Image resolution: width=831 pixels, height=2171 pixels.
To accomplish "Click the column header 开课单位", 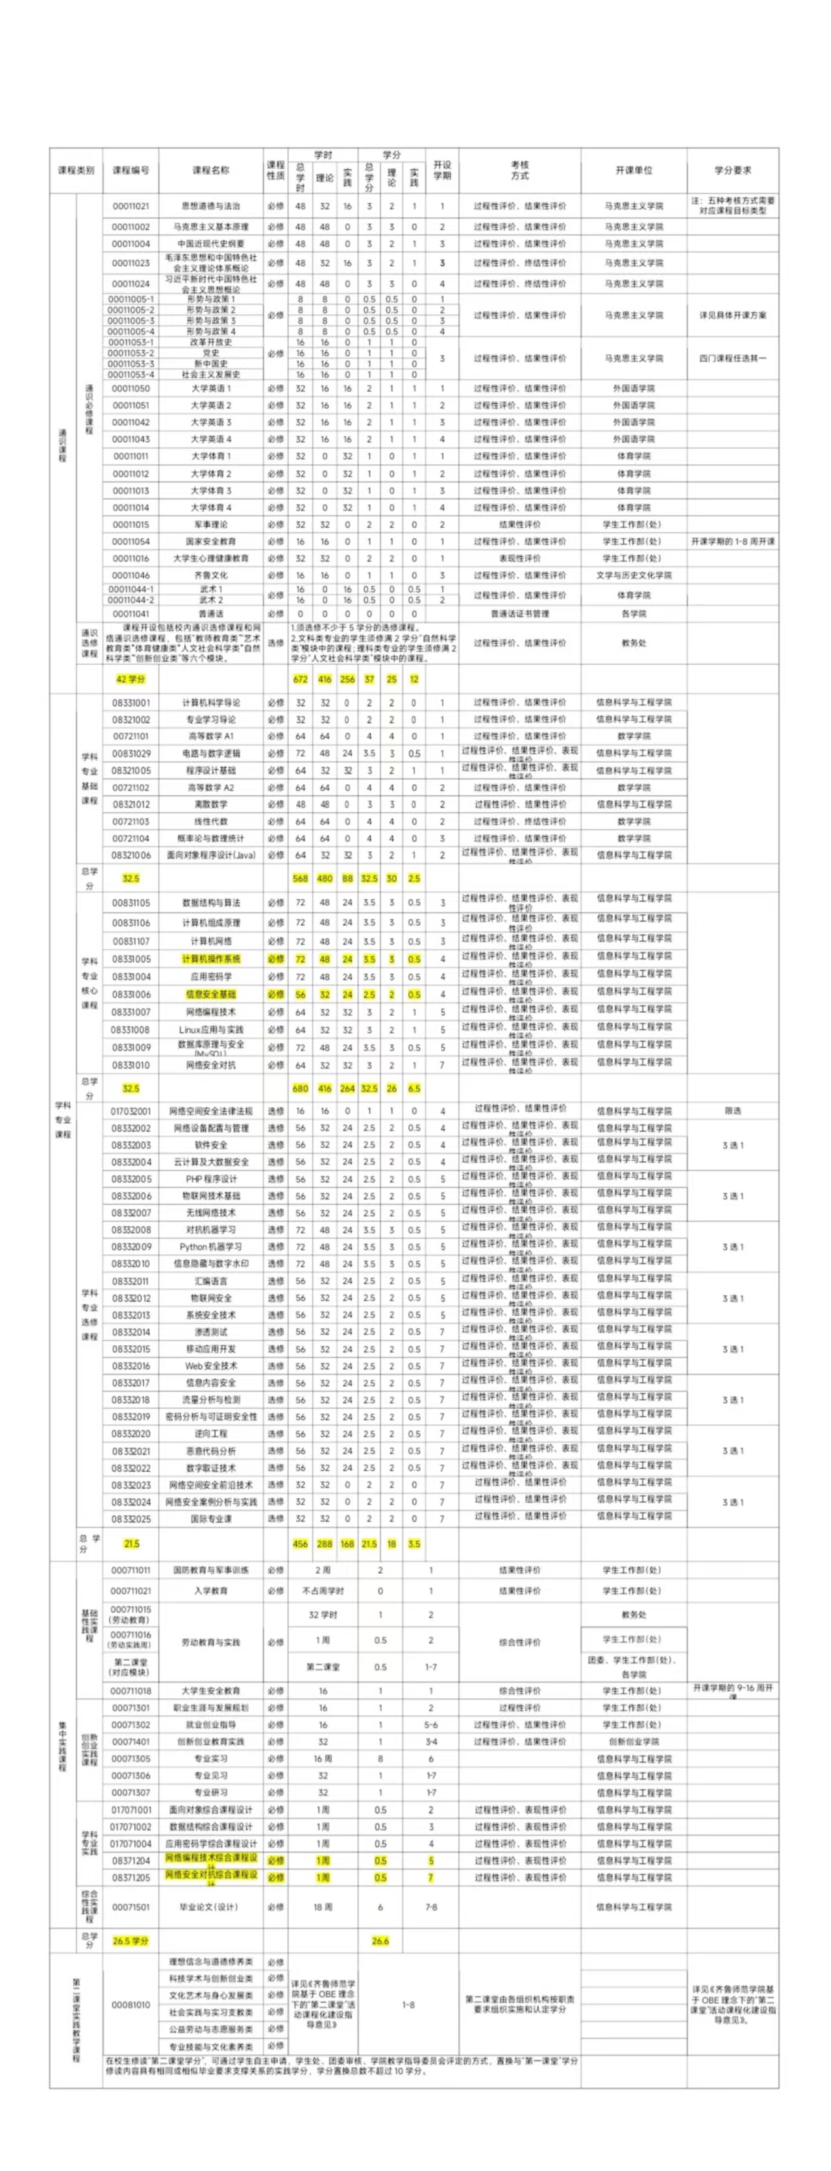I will point(634,170).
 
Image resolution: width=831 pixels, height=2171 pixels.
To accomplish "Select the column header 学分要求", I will point(732,170).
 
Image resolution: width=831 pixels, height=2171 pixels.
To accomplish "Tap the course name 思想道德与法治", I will point(211,206).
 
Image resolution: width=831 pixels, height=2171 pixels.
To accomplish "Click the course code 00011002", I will point(130,227).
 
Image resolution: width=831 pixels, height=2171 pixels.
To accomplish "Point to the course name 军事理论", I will point(211,524).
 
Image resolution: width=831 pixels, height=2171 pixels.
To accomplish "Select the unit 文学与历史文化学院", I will point(634,575).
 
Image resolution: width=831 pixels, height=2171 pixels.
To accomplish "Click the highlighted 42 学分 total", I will point(130,679).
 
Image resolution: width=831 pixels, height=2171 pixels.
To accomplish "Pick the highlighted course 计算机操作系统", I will point(211,959).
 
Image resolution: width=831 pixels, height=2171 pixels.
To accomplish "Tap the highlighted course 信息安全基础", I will point(211,995).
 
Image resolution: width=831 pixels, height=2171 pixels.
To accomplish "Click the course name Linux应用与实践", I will point(211,1030).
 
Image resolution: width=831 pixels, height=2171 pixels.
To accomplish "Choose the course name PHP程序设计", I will point(211,1179).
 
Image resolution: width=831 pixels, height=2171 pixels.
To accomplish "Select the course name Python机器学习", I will point(211,1247).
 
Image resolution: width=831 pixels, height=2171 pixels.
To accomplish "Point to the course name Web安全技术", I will point(211,1365).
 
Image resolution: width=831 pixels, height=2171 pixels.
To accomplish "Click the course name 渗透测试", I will point(211,1332).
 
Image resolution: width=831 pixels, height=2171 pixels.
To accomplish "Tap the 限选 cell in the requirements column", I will point(732,1111).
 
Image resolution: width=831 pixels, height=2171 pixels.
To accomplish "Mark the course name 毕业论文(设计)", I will point(211,1907).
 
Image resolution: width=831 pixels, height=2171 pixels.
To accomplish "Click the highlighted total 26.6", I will point(380,1941).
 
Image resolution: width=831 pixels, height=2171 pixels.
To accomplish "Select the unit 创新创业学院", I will point(634,1741).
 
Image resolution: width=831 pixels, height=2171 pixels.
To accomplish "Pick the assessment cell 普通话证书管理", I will point(519,614).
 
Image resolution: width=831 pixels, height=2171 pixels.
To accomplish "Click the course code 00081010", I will point(130,2005).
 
